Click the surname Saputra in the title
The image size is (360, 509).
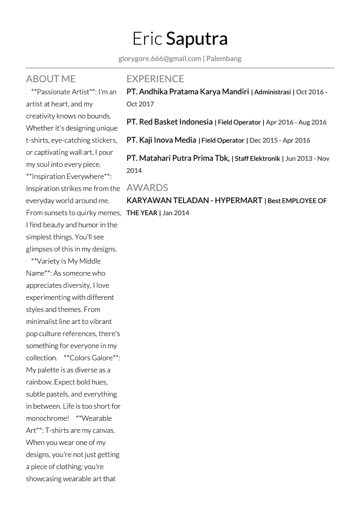point(197,39)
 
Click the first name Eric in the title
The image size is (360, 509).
point(147,39)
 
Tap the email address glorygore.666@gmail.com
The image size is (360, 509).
point(160,59)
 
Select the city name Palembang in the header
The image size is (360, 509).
point(224,59)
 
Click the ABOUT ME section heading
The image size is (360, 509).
point(51,79)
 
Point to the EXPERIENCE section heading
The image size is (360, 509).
point(155,79)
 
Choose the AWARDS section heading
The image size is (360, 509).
point(147,187)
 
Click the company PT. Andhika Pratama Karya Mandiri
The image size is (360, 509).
point(188,92)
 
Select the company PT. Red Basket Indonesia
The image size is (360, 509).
point(169,122)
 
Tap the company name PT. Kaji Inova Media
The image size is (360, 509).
point(161,140)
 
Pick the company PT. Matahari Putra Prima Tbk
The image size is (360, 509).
point(178,158)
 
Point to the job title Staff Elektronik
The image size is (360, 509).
point(257,159)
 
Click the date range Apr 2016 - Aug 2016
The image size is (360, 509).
point(296,122)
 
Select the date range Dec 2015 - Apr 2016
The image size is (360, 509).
point(280,140)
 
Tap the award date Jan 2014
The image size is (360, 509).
point(175,213)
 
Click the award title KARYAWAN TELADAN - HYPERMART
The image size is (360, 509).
point(194,200)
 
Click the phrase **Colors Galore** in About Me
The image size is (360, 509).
point(91,358)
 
